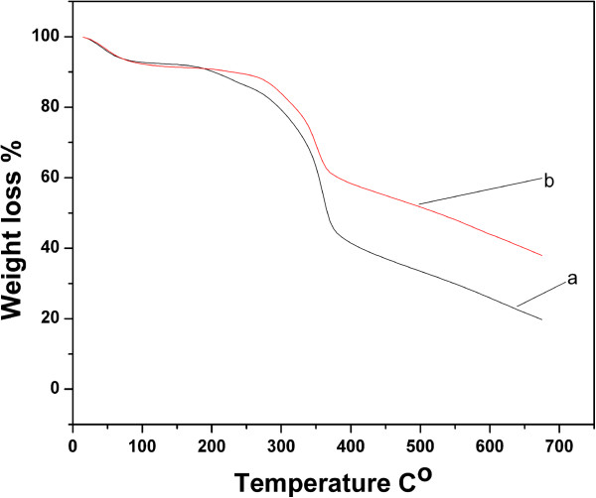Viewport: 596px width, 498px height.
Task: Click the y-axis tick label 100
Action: [46, 37]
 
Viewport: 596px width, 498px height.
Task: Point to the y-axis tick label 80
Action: [51, 107]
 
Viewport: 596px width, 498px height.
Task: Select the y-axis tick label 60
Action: [51, 178]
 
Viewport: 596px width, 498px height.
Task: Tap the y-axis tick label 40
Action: [51, 248]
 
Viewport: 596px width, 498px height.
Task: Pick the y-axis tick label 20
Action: [51, 318]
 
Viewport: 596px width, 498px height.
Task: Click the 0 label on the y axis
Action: [55, 389]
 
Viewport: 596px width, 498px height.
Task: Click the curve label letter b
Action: [549, 181]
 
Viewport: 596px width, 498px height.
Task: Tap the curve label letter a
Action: [572, 279]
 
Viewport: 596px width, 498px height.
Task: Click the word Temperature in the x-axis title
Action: [313, 483]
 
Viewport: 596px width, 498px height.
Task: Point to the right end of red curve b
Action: [541, 256]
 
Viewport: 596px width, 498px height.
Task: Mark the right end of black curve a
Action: [541, 319]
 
